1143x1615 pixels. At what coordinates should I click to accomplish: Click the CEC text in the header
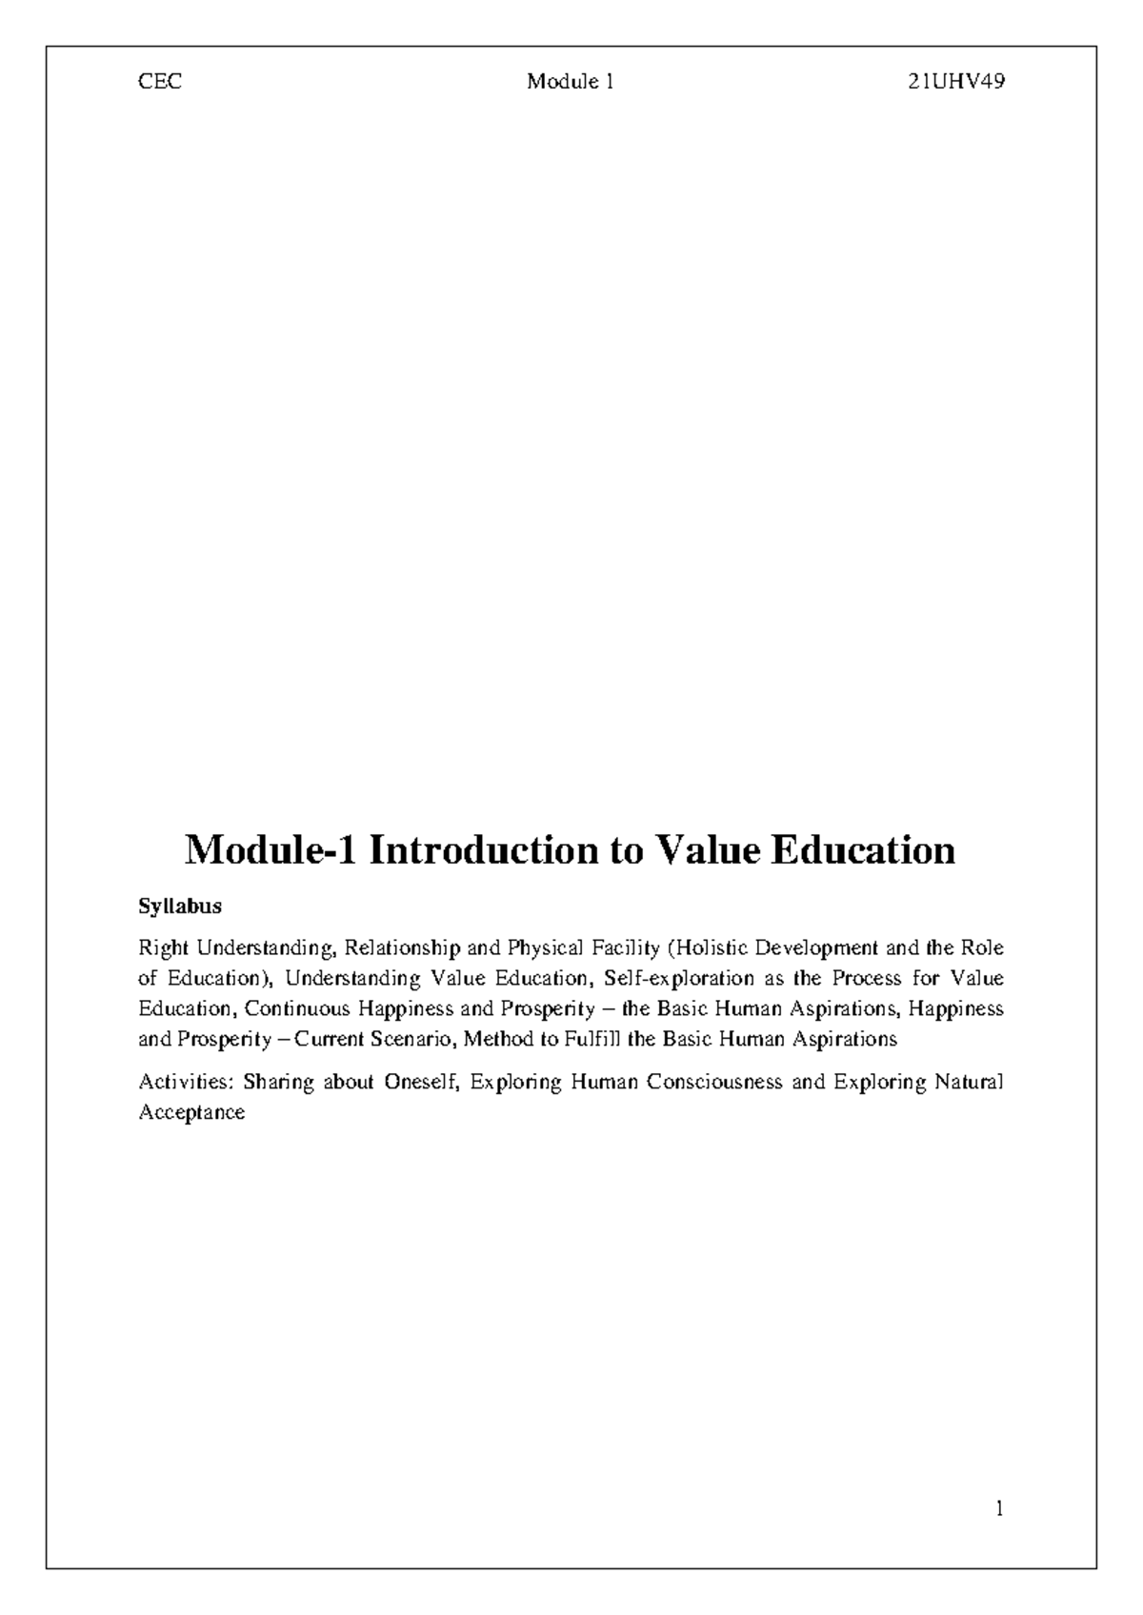[160, 82]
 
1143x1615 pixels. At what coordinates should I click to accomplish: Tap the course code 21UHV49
[956, 82]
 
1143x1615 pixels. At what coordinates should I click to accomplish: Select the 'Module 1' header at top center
[571, 82]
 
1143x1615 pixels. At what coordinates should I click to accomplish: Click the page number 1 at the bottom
[999, 1508]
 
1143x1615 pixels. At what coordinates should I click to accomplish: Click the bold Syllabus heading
[180, 907]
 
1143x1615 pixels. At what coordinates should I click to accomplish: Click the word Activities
[185, 1083]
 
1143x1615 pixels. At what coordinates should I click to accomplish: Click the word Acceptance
[191, 1112]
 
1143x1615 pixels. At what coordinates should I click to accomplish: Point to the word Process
[866, 979]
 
